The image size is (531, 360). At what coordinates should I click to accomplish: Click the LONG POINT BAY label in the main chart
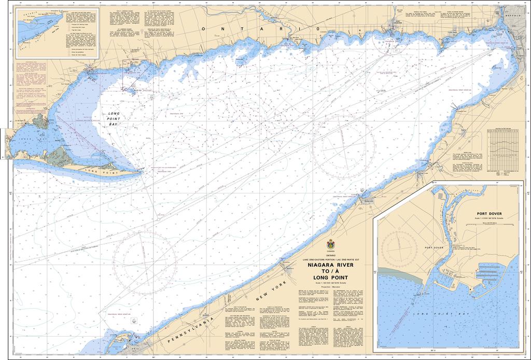click(110, 119)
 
